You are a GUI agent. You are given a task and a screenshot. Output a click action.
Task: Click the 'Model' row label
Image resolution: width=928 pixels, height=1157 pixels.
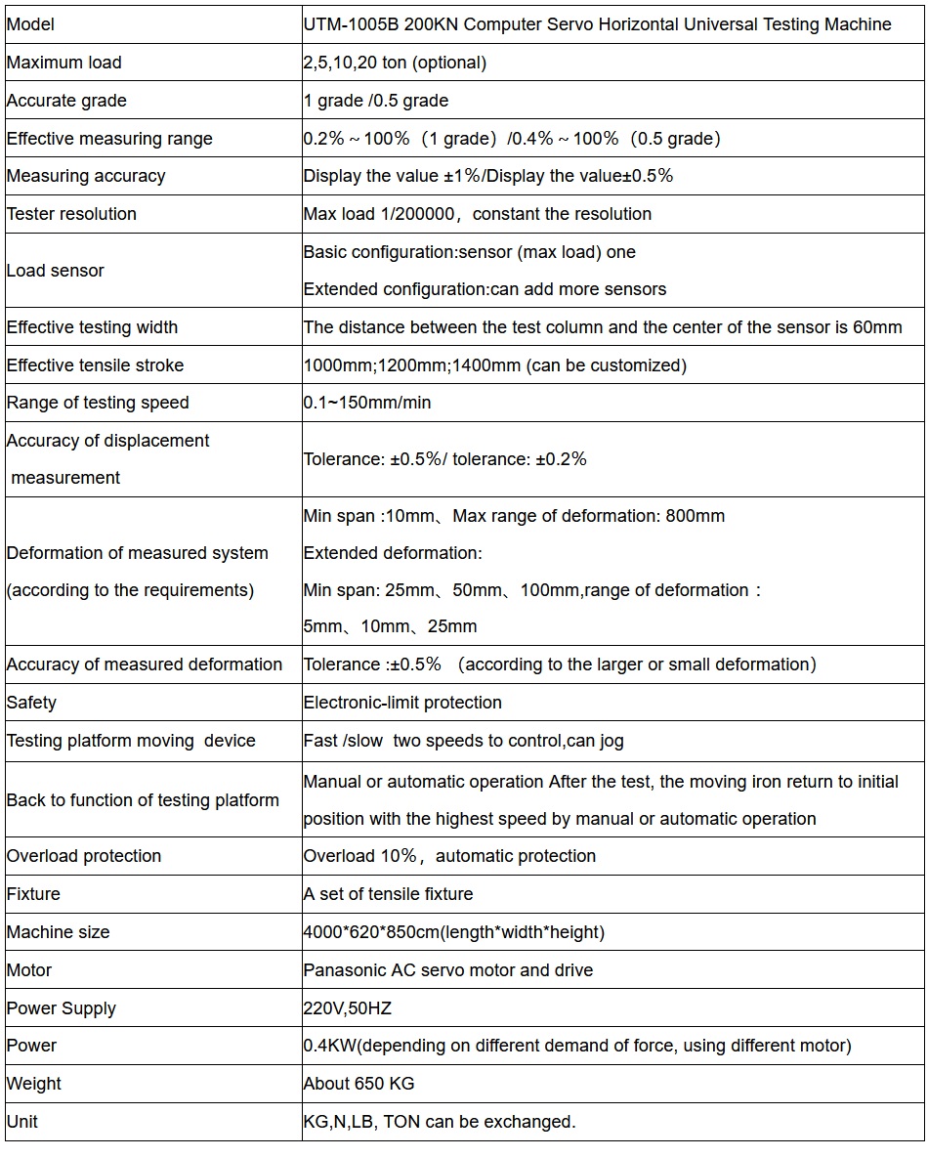pos(30,24)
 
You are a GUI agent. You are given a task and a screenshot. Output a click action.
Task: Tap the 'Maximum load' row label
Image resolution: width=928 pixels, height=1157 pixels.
pos(64,63)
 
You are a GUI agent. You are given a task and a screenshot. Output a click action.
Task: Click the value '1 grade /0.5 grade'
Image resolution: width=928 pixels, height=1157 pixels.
pos(376,101)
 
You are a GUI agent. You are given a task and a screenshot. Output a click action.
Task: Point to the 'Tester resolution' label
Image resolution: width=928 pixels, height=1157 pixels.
pos(71,214)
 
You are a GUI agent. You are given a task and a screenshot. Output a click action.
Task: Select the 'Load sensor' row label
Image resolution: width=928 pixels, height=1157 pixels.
pos(56,271)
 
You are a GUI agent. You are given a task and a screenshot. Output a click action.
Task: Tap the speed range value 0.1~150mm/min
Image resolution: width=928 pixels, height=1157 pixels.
pos(367,403)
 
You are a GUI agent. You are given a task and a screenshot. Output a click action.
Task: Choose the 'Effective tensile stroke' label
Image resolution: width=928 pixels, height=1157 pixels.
pos(95,365)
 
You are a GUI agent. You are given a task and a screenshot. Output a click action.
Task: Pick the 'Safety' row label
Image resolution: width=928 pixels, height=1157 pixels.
pos(31,703)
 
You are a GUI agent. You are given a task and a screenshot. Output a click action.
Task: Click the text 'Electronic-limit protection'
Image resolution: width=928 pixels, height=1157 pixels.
pos(402,703)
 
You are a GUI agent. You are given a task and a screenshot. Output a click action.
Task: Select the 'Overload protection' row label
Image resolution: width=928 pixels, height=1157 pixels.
pos(84,856)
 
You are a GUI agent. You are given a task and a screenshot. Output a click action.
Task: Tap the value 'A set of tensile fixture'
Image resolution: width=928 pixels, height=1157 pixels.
pos(388,894)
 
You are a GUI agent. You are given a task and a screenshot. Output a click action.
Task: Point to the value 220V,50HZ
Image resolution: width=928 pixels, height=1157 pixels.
pos(348,1008)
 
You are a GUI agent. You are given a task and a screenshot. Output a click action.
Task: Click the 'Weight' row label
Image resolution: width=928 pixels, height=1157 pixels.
pos(34,1084)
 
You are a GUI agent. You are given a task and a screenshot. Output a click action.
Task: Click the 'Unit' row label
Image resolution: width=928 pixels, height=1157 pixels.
pos(22,1122)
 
